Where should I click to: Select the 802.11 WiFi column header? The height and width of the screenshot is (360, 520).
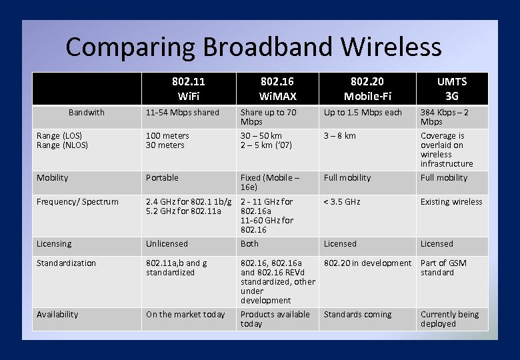pos(189,89)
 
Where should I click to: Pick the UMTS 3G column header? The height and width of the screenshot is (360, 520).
pos(452,89)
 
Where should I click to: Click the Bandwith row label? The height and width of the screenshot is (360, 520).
pos(87,113)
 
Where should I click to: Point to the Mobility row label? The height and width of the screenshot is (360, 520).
pos(53,178)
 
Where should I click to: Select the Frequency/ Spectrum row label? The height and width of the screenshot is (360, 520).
pos(77,202)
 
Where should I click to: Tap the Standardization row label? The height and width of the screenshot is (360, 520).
pos(67,263)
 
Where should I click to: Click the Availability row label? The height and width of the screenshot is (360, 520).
pos(57,315)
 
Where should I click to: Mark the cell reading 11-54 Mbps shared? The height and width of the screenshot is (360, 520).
pos(183,113)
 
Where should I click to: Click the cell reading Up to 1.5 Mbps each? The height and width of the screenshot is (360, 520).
pos(363,113)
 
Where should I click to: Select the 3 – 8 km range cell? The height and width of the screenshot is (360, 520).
pos(340,136)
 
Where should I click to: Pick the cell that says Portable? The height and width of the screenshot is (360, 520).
pos(163,178)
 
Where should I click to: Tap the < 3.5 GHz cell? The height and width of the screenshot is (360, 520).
pos(342,202)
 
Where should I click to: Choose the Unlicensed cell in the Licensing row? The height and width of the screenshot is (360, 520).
pos(167,244)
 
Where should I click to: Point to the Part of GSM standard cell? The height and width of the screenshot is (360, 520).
pos(443,268)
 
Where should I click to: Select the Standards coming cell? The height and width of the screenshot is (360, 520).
pos(357,315)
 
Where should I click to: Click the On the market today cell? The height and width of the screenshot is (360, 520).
pos(185,315)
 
